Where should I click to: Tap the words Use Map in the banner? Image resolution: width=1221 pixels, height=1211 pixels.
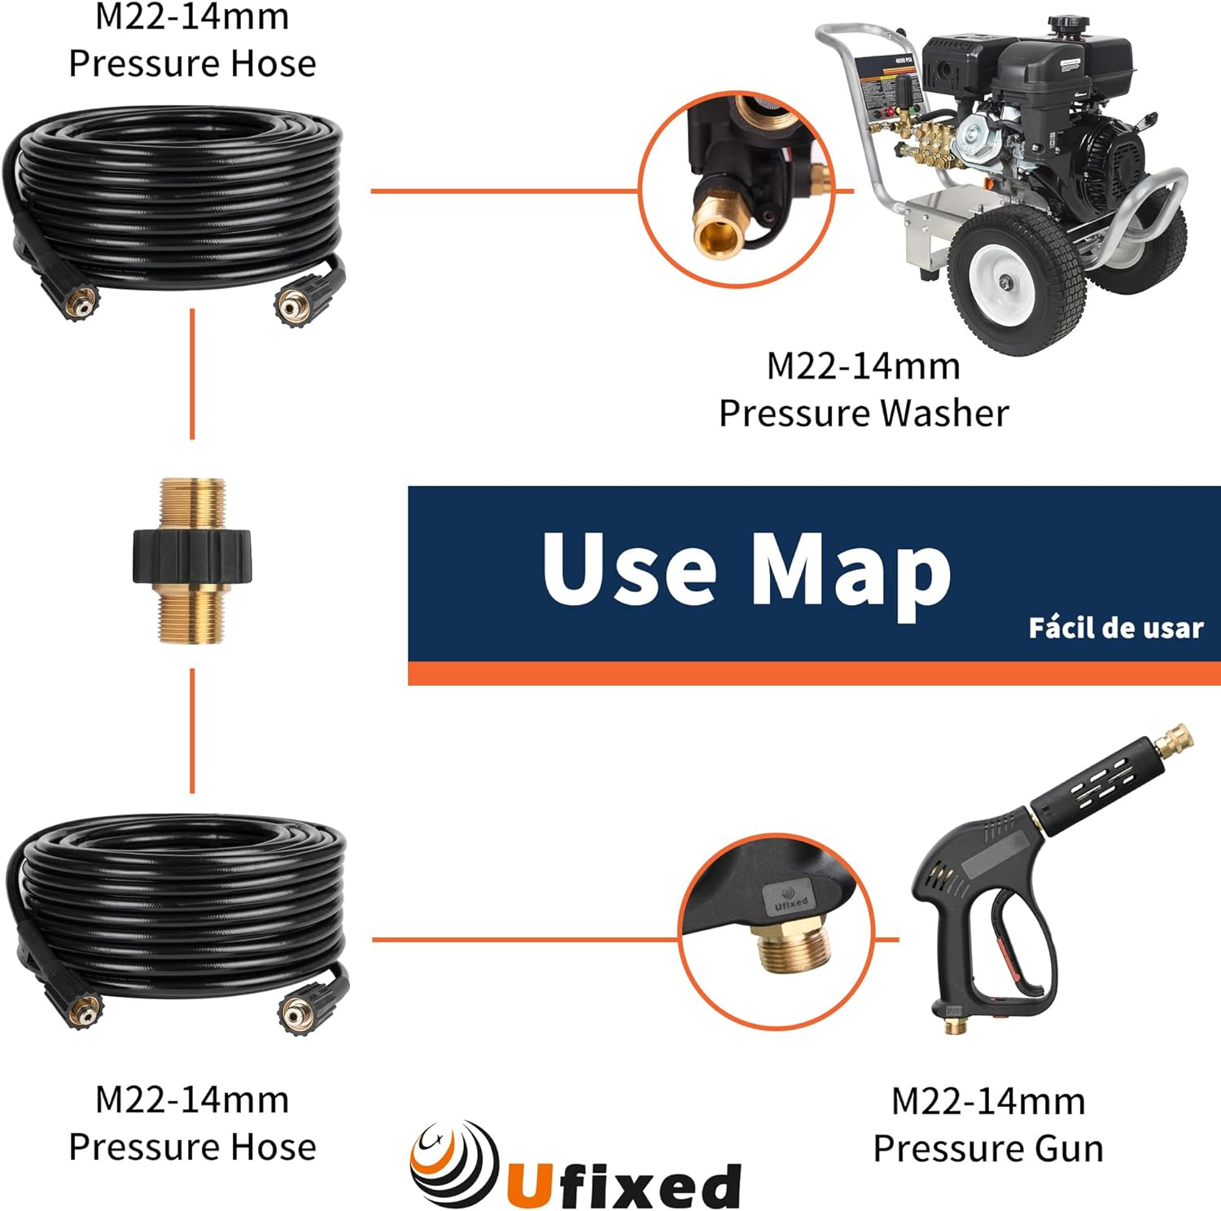pyautogui.click(x=746, y=569)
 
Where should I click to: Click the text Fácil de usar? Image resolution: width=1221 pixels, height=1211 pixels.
pyautogui.click(x=1115, y=628)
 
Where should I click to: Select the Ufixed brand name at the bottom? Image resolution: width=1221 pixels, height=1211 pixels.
pyautogui.click(x=624, y=1185)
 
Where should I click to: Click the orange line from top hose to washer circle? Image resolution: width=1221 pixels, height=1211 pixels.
pyautogui.click(x=505, y=191)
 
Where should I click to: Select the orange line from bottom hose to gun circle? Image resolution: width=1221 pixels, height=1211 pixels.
pyautogui.click(x=525, y=940)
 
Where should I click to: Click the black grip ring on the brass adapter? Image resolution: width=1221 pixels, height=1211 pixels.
pyautogui.click(x=192, y=555)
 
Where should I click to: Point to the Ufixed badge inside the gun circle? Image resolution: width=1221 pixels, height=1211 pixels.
pyautogui.click(x=789, y=899)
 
